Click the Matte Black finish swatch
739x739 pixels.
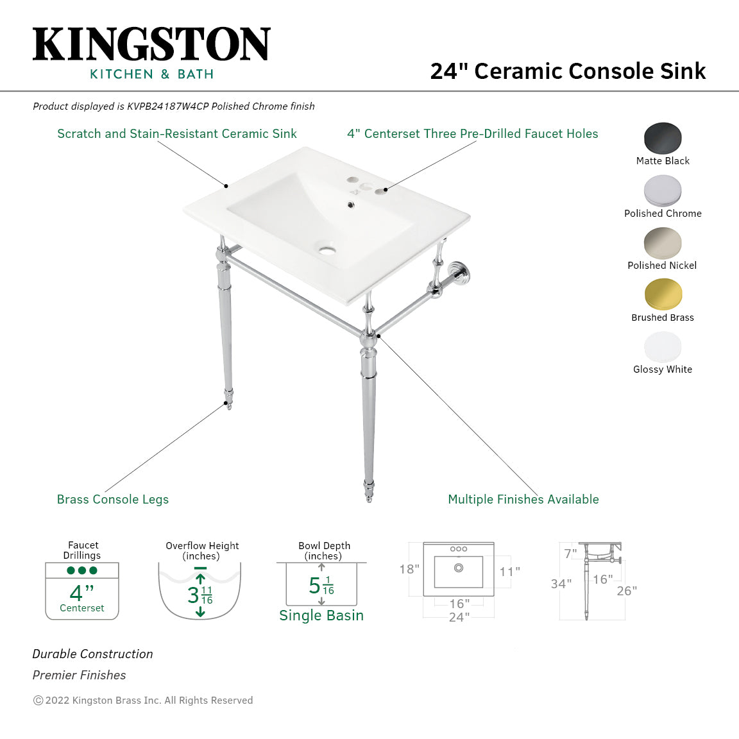click(663, 138)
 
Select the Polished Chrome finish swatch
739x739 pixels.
click(663, 191)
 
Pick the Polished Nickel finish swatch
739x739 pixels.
click(663, 243)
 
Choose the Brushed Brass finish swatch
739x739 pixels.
click(663, 295)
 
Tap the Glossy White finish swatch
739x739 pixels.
click(663, 347)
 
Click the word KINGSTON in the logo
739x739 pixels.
click(151, 45)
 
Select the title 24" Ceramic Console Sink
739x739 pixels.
click(568, 71)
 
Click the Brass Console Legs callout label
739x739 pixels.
click(113, 499)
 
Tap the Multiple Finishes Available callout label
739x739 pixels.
click(523, 499)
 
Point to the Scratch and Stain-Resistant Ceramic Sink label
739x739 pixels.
click(177, 133)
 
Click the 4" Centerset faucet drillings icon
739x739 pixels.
click(82, 591)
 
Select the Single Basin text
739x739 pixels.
click(321, 615)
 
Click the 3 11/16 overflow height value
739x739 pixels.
click(200, 595)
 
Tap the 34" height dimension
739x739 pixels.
click(561, 584)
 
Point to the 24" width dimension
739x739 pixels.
click(459, 617)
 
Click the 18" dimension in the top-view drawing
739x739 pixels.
click(409, 569)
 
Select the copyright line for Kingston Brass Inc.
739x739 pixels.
click(143, 701)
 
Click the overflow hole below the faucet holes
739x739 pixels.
click(350, 205)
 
